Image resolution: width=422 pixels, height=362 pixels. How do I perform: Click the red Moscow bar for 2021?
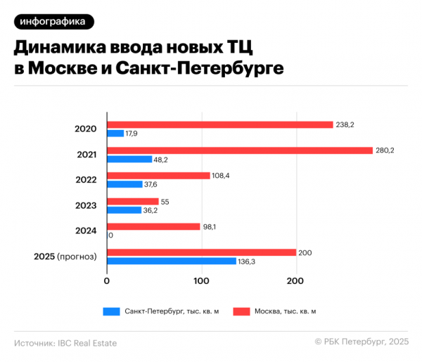[239, 150]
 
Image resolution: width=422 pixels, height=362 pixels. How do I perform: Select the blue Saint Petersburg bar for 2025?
[172, 261]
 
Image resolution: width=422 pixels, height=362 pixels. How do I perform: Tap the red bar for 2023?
[133, 201]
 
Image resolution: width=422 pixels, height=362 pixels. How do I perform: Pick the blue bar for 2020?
[115, 134]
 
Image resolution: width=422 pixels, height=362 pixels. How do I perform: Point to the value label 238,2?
[345, 124]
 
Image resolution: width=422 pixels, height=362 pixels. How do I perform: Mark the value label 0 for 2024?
[111, 235]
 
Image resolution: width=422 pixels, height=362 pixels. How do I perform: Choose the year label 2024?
[86, 231]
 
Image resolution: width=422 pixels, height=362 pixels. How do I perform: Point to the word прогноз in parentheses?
[79, 257]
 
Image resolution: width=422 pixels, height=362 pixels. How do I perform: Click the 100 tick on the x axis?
[202, 281]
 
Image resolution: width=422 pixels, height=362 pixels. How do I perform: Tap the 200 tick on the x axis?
[296, 281]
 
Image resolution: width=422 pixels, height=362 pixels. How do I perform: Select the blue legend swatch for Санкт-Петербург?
[112, 310]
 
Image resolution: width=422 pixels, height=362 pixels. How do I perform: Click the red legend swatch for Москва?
[242, 310]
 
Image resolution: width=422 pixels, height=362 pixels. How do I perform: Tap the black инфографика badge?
[53, 22]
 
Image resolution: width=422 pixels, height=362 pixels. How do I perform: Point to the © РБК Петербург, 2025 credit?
[362, 342]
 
